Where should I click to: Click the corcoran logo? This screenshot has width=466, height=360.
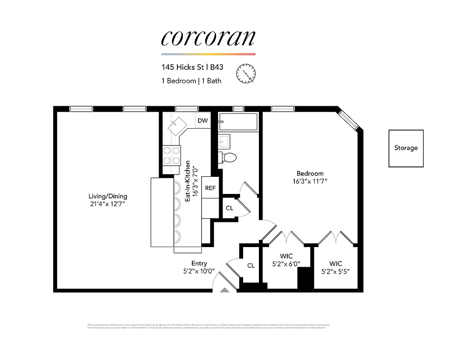pos(208,38)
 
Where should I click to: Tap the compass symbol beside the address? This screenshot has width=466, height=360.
pos(246,73)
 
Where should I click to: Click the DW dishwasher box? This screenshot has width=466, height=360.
pos(203,120)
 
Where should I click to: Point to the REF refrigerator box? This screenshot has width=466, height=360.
pos(210,188)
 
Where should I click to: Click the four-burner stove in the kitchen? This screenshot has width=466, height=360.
pos(171,155)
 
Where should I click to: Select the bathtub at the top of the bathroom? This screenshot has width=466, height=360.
pos(238,121)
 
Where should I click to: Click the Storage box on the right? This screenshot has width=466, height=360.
pos(406,148)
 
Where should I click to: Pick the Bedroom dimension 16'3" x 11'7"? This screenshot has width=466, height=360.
pos(309,181)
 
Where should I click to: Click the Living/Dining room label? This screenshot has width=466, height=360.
pos(108,196)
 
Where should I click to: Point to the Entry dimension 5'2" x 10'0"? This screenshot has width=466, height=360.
pos(199,271)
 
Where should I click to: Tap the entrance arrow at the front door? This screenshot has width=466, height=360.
pos(225,290)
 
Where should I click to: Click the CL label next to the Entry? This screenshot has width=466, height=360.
pos(251,265)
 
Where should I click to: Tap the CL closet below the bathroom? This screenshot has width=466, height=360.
pos(229,208)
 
